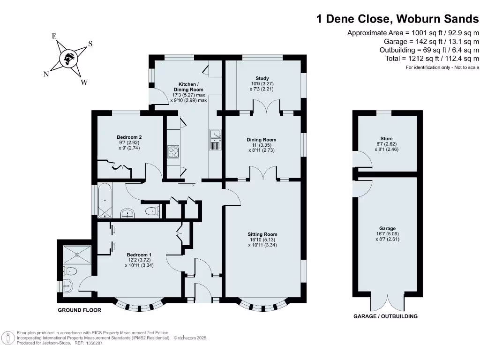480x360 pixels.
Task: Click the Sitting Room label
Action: pyautogui.click(x=262, y=234)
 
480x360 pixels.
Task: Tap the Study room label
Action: pyautogui.click(x=262, y=78)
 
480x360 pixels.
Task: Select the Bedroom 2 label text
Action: pyautogui.click(x=129, y=137)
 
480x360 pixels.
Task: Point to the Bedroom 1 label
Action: pyautogui.click(x=139, y=255)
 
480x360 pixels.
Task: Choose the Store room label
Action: pyautogui.click(x=386, y=139)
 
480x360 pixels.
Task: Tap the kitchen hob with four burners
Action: pyautogui.click(x=173, y=152)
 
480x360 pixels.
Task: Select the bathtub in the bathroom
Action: pyautogui.click(x=105, y=201)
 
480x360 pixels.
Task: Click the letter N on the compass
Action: pyautogui.click(x=46, y=75)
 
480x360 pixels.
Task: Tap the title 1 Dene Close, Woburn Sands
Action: pyautogui.click(x=398, y=19)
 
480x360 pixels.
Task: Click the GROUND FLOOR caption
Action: pyautogui.click(x=79, y=310)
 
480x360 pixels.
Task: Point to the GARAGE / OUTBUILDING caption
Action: pyautogui.click(x=385, y=316)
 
